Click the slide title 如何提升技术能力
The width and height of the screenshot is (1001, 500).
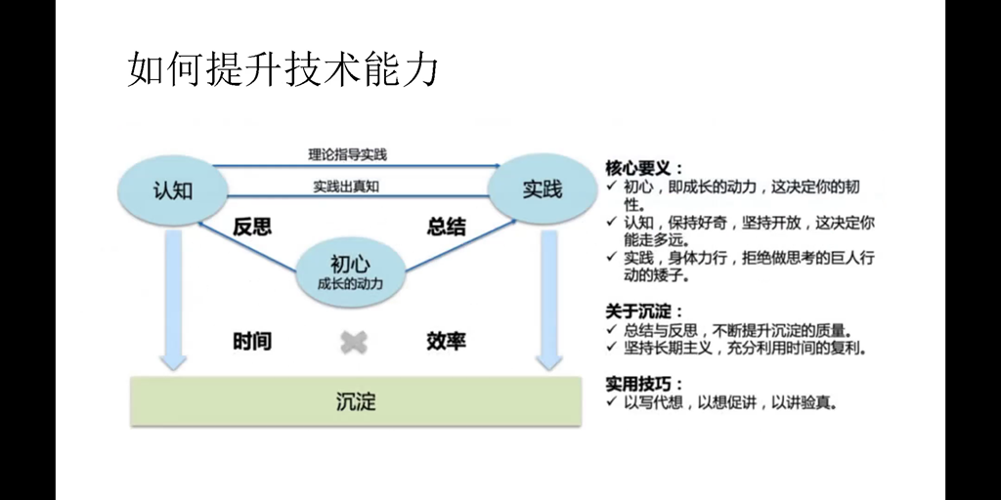(283, 69)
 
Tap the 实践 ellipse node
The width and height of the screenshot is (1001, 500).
(542, 189)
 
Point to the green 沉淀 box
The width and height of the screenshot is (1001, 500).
(356, 400)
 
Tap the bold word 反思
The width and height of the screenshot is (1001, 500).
(252, 227)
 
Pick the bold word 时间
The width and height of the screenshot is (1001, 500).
(252, 341)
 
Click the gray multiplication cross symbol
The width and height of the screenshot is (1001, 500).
(354, 342)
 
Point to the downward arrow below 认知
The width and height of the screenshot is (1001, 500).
(173, 303)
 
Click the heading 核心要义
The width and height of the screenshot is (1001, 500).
(644, 167)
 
